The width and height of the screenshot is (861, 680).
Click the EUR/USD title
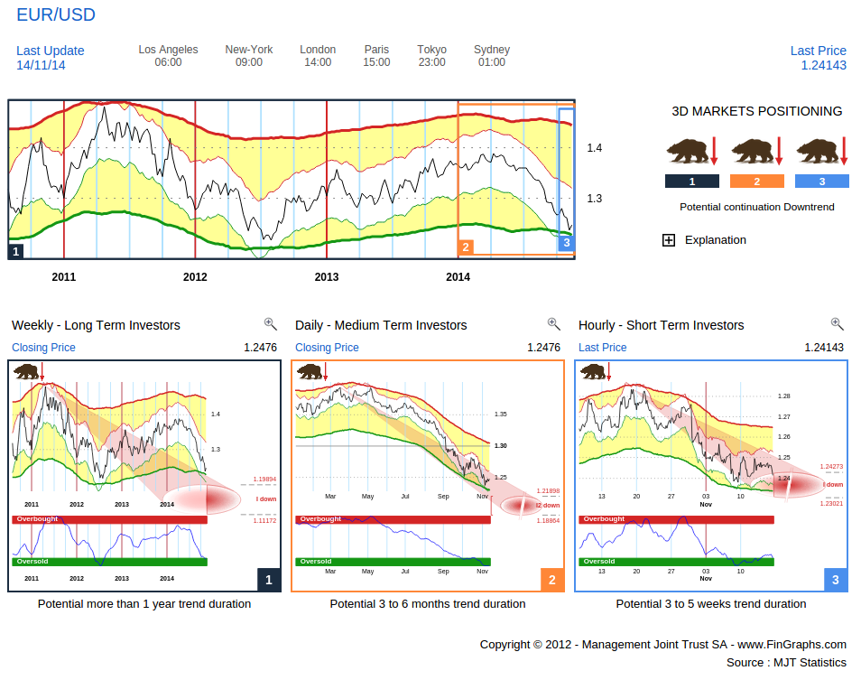tap(56, 15)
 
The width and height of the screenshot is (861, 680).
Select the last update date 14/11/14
tap(41, 65)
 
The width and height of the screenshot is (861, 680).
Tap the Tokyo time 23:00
tap(431, 62)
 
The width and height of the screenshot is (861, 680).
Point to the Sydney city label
tap(491, 50)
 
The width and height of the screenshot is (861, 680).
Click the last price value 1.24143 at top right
tap(823, 65)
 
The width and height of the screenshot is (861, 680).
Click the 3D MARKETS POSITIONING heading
tap(757, 111)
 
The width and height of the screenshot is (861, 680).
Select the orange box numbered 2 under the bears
tap(756, 182)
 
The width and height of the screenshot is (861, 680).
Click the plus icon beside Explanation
tap(669, 240)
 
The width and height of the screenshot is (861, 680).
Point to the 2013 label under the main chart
tap(327, 276)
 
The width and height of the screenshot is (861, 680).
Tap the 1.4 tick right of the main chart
tap(594, 147)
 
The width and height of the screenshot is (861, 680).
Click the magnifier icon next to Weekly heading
tap(270, 324)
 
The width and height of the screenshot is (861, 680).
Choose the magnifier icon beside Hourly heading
tap(837, 324)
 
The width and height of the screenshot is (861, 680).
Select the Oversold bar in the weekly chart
tap(109, 562)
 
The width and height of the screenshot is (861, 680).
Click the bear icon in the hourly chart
tap(593, 370)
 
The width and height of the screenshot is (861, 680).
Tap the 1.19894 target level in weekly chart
tap(264, 480)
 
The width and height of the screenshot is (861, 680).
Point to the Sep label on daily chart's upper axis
tap(443, 496)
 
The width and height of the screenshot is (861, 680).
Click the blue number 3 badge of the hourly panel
tap(836, 580)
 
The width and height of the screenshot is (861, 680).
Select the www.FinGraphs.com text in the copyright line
tap(792, 644)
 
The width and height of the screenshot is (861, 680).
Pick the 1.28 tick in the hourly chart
tap(783, 396)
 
